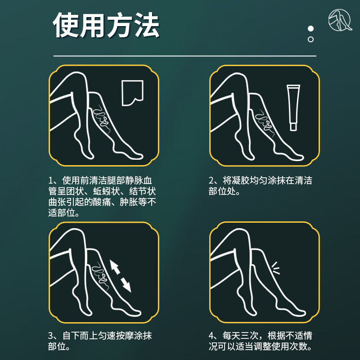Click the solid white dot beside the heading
point(310,29)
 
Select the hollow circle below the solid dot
point(310,39)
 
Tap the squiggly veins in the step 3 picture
point(99,276)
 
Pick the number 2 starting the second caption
point(212,181)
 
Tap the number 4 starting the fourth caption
point(212,337)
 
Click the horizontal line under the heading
point(184,56)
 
